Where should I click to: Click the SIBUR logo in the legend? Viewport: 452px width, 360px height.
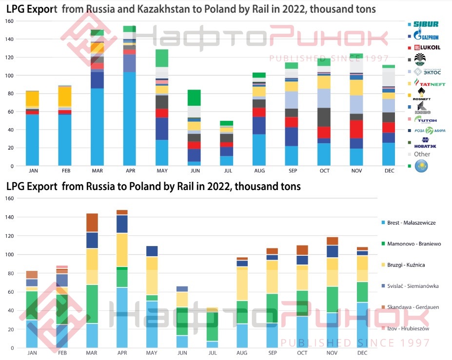[x=426, y=24]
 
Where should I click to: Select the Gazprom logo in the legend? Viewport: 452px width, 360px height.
[x=426, y=36]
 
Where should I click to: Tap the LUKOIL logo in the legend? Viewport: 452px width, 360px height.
[x=427, y=47]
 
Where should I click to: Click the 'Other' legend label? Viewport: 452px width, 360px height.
[x=422, y=154]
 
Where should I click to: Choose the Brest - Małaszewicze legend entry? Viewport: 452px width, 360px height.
[x=411, y=223]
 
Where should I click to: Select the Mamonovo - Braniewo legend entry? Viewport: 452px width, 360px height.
[x=413, y=244]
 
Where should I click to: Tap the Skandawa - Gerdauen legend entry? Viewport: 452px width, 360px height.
[x=413, y=307]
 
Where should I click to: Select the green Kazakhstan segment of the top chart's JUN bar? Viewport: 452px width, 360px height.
[x=194, y=97]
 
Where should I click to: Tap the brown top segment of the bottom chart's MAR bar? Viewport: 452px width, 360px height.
[x=92, y=223]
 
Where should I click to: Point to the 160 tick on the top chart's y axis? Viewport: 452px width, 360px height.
[x=9, y=21]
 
